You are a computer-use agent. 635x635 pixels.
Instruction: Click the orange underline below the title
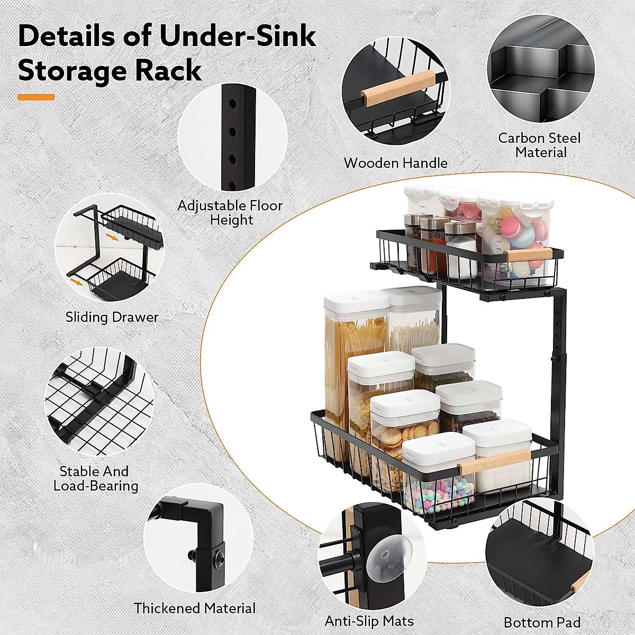(x=36, y=97)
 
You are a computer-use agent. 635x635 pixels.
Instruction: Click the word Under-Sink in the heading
(x=238, y=37)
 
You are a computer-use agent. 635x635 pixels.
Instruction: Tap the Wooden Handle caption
(x=395, y=163)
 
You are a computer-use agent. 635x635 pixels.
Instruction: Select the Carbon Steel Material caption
(x=540, y=145)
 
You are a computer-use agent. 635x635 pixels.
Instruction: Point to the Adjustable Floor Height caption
(x=230, y=212)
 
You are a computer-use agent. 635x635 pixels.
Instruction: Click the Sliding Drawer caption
(x=112, y=317)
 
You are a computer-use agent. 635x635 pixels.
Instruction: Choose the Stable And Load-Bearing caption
(x=95, y=478)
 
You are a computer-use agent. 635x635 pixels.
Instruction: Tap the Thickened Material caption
(x=194, y=608)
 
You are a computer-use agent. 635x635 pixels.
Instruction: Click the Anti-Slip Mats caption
(x=369, y=621)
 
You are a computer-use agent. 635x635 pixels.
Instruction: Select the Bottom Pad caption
(x=542, y=622)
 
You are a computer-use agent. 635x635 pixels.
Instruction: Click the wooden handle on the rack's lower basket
(x=494, y=461)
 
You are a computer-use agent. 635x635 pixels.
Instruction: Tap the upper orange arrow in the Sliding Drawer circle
(x=112, y=237)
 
